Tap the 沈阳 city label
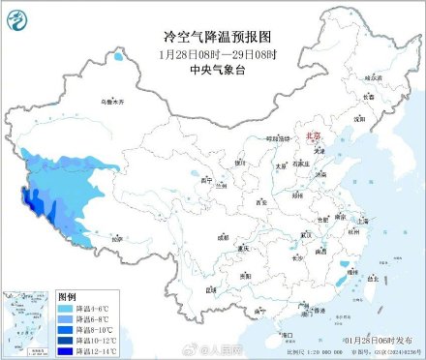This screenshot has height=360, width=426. coord(359,120)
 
